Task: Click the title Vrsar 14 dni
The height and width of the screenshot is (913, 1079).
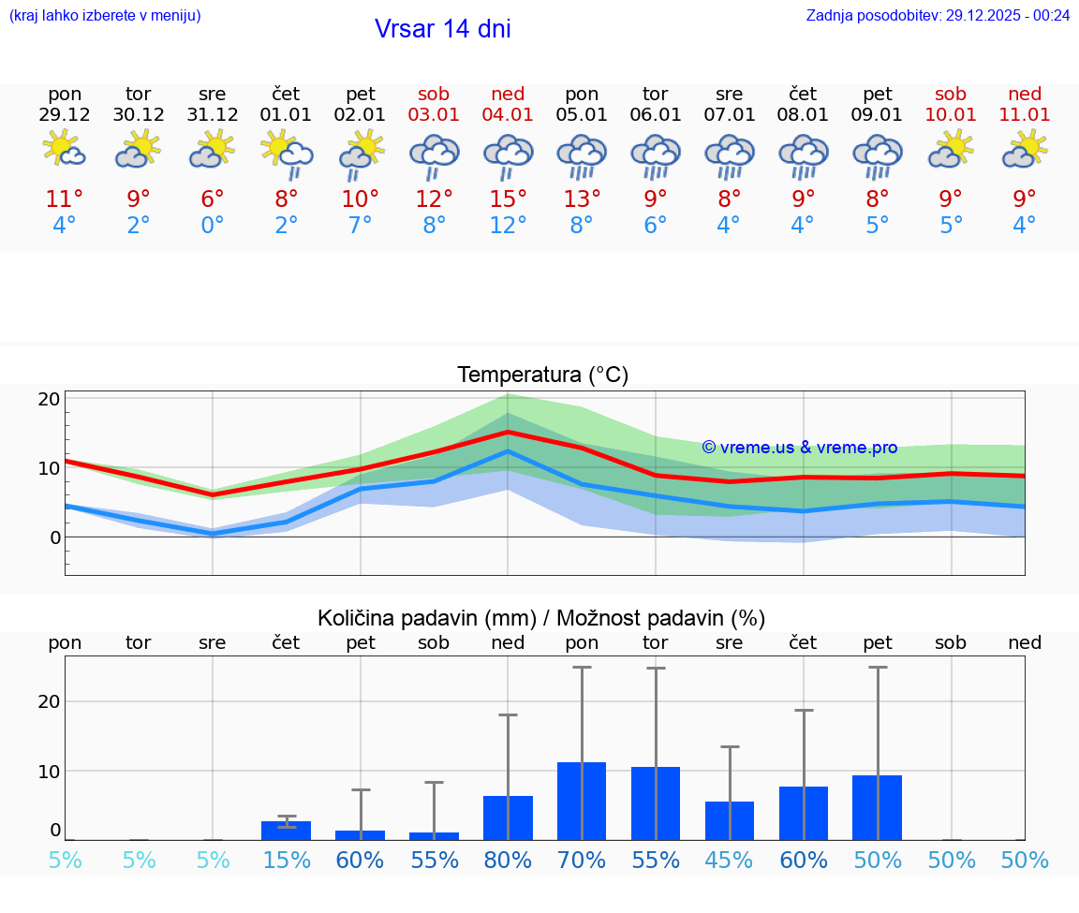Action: (442, 29)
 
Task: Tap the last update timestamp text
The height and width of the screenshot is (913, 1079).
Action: (938, 15)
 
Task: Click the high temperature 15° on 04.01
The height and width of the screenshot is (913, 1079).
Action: (508, 199)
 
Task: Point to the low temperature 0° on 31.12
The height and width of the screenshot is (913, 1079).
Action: (213, 226)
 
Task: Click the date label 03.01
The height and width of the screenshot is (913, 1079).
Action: (434, 115)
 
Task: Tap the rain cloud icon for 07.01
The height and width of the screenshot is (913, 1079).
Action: (729, 155)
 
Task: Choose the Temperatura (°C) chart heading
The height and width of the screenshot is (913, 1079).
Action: (542, 376)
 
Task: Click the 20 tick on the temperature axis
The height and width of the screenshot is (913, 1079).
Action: (50, 399)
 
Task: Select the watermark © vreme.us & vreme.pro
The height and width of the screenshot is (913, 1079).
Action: (799, 448)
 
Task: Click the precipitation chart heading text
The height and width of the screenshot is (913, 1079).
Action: (541, 618)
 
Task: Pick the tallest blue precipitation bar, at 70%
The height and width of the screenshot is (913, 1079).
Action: (582, 801)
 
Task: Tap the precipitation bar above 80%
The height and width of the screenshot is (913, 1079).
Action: (508, 817)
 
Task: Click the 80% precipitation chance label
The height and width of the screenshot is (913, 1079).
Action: (508, 861)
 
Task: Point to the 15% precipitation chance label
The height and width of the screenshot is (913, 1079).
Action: (287, 861)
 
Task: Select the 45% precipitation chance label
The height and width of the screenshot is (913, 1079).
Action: (729, 861)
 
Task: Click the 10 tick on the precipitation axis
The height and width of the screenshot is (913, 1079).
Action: (50, 771)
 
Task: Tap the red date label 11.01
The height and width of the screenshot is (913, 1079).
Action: (1025, 115)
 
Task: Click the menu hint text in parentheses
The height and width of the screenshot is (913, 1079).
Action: (105, 15)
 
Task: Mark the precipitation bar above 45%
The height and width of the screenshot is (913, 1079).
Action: (729, 820)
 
